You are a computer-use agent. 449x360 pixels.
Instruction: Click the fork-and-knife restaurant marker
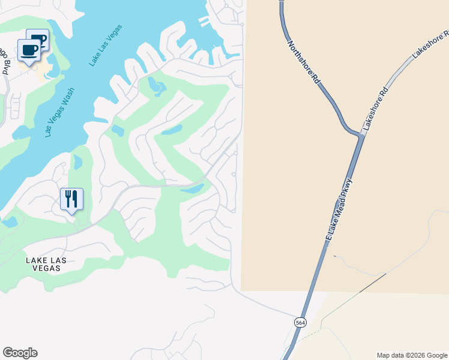coord(71,199)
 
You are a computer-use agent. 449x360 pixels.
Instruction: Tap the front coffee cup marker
coord(28,50)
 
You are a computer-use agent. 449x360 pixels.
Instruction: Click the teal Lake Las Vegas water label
coord(105,45)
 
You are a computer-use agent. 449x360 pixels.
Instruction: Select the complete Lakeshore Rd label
coord(376,109)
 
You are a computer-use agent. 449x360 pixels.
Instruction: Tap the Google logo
coord(20,353)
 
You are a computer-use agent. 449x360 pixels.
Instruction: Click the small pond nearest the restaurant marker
coord(77,162)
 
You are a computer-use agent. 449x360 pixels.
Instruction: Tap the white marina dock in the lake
coord(205,22)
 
